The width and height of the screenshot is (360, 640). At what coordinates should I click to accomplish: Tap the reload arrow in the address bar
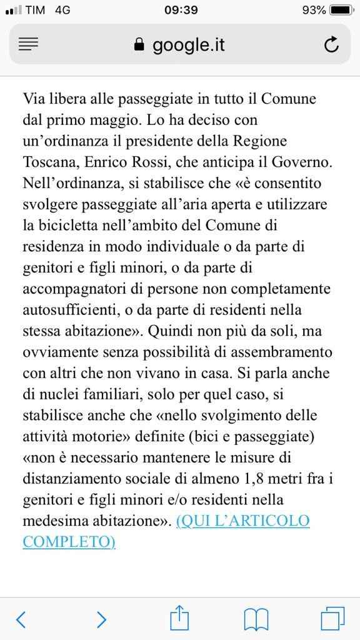332,44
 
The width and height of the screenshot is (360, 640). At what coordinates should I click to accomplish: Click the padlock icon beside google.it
139,45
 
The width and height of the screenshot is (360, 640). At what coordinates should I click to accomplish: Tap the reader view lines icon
29,44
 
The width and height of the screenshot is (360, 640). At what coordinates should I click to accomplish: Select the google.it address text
188,45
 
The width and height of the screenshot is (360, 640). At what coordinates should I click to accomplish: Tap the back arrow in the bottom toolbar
21,619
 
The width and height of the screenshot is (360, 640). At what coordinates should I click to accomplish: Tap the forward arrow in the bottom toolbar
101,619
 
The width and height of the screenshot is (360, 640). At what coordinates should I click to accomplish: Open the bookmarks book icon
256,619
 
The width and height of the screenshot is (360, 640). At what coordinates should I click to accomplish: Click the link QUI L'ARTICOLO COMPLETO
243,520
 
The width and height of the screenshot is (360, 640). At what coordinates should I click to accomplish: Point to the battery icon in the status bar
341,10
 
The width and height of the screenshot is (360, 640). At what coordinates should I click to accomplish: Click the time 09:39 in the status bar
181,10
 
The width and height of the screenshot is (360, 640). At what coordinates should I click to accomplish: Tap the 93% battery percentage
313,10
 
